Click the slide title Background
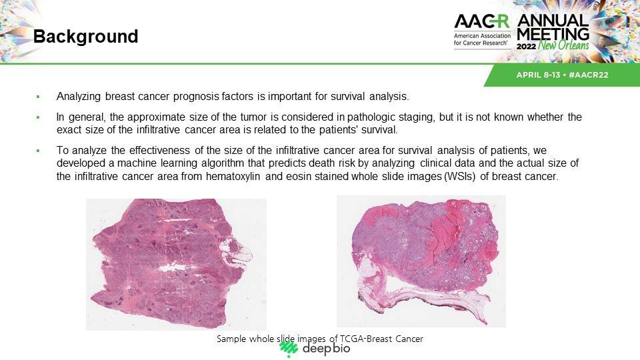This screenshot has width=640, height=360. (x=86, y=36)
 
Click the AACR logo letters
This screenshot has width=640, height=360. (x=481, y=21)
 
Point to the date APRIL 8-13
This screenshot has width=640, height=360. (x=538, y=75)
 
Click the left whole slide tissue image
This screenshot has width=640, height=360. (x=176, y=264)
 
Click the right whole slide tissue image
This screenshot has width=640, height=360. (x=421, y=261)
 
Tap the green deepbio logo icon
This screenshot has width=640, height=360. (x=289, y=348)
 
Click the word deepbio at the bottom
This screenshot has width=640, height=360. (x=326, y=349)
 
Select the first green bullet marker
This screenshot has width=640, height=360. (x=38, y=97)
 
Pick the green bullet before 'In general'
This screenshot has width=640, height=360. (x=38, y=117)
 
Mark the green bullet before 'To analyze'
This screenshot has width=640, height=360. (x=38, y=151)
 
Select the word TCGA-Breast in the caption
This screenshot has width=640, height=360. (x=361, y=339)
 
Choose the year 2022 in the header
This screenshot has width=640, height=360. (x=526, y=46)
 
